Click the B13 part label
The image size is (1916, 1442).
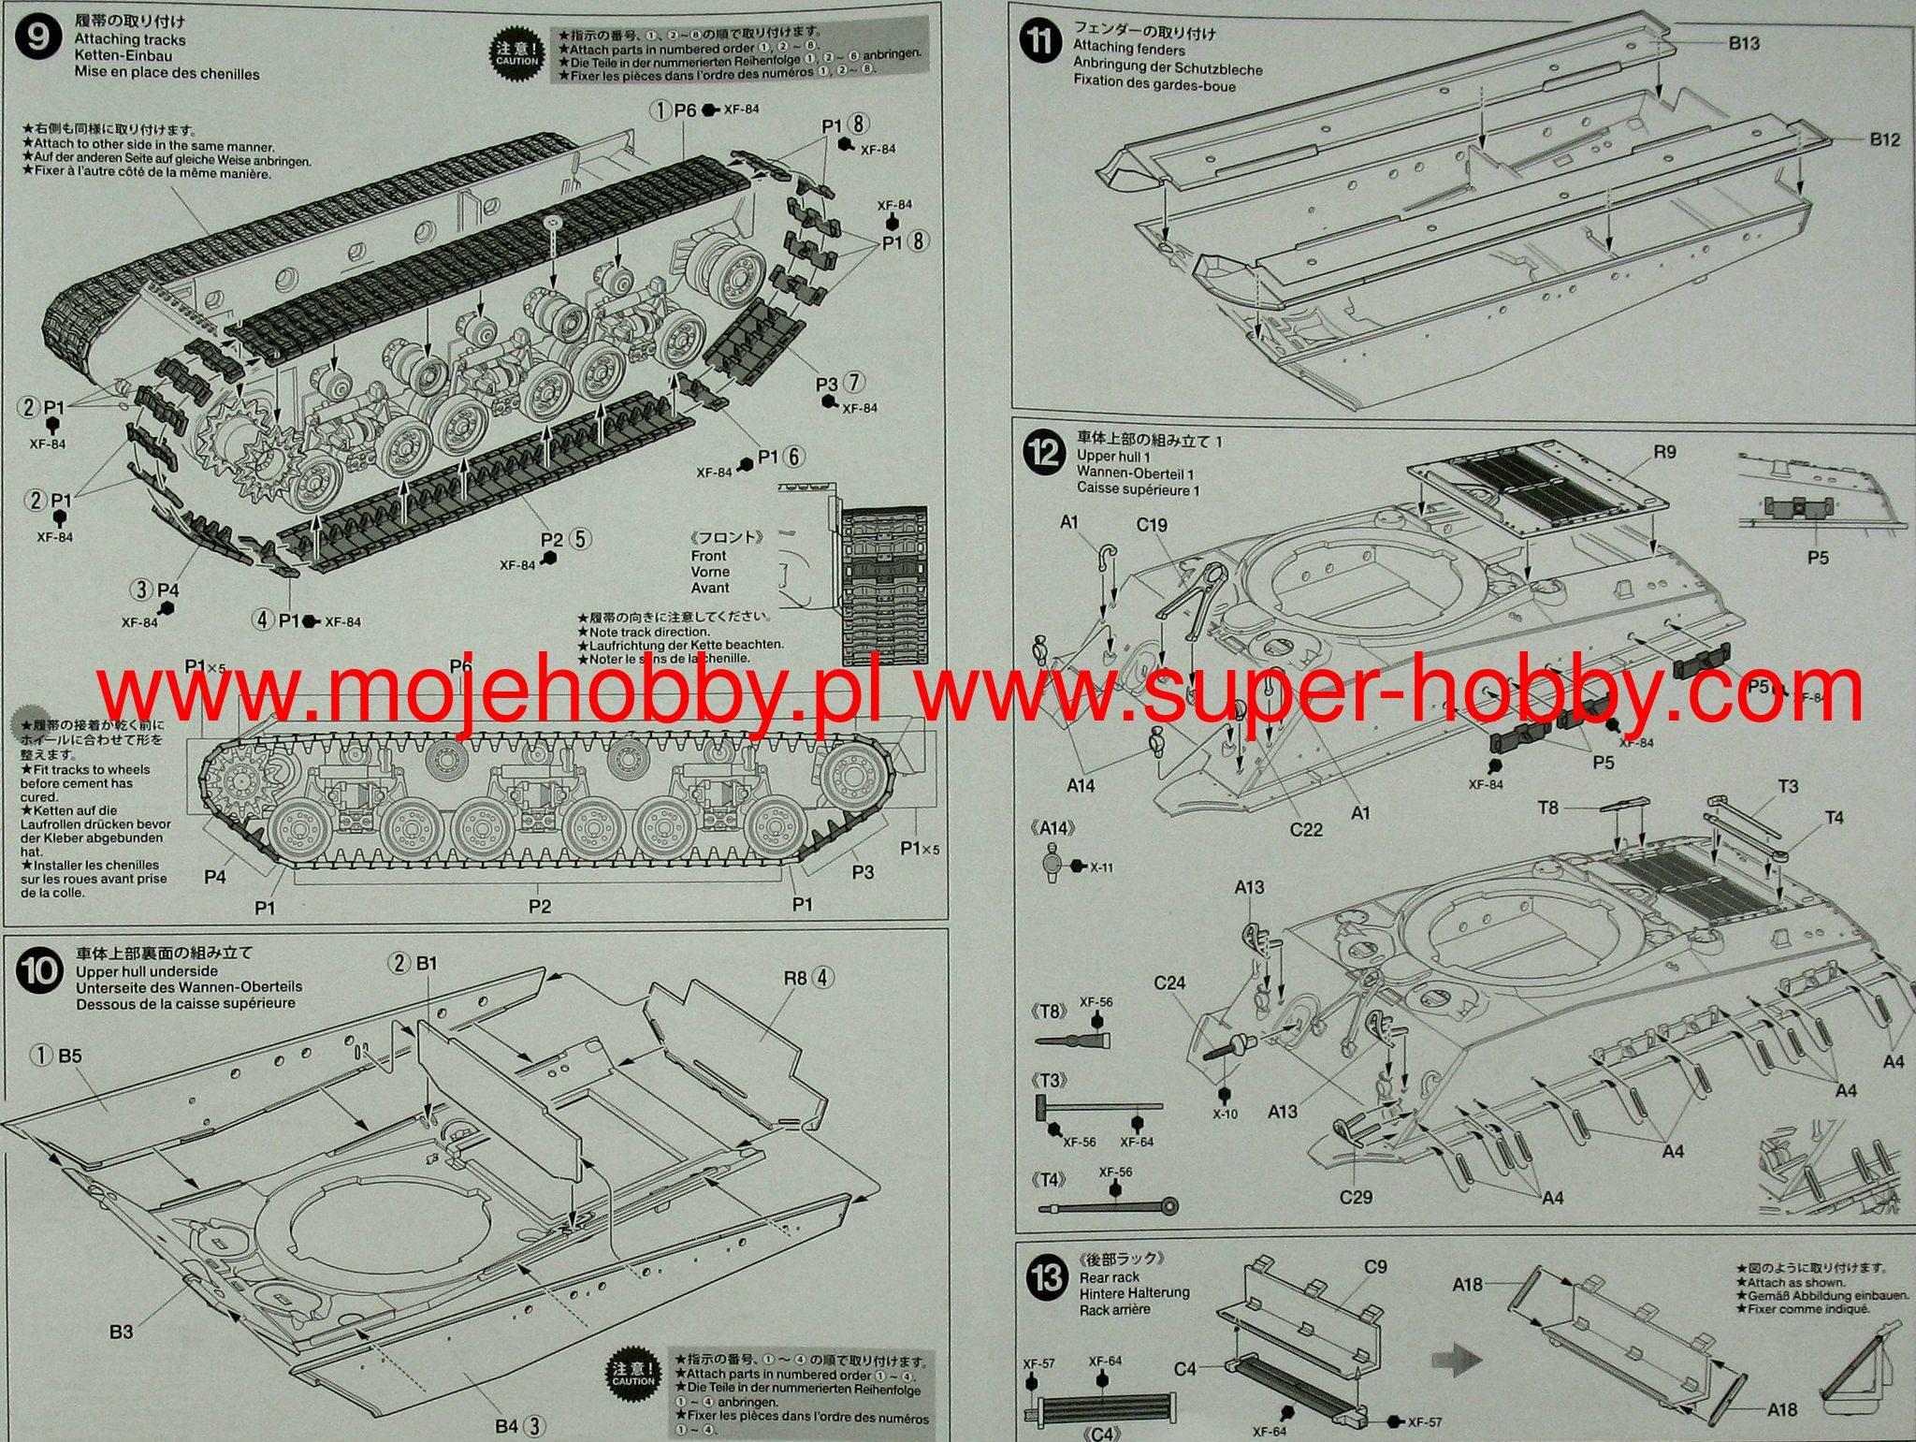tap(1743, 43)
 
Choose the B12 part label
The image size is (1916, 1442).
tap(1884, 139)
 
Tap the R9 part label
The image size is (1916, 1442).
tap(1664, 453)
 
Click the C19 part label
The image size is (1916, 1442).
tap(1152, 525)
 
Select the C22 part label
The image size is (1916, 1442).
tap(1306, 830)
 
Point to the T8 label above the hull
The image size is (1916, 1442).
tap(1548, 807)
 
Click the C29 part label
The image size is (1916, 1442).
tap(1356, 1196)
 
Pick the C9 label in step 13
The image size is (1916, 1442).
tap(1375, 1267)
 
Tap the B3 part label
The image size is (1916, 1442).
tap(121, 1332)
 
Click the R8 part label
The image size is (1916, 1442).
tap(795, 978)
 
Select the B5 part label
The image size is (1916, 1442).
tap(70, 1056)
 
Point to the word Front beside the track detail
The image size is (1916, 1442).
tap(708, 556)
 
